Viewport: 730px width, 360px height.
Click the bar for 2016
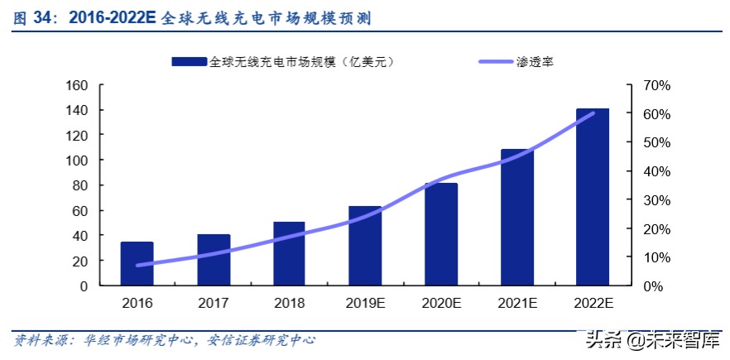click(x=137, y=264)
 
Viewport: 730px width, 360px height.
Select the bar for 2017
click(x=213, y=260)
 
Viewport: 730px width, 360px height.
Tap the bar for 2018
click(x=289, y=254)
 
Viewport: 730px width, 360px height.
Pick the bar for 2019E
click(x=365, y=246)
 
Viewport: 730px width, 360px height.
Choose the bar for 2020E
click(x=441, y=234)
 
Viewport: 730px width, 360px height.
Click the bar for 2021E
click(x=517, y=218)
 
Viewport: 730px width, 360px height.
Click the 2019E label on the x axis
click(x=365, y=304)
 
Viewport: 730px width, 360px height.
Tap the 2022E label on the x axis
click(x=593, y=304)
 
